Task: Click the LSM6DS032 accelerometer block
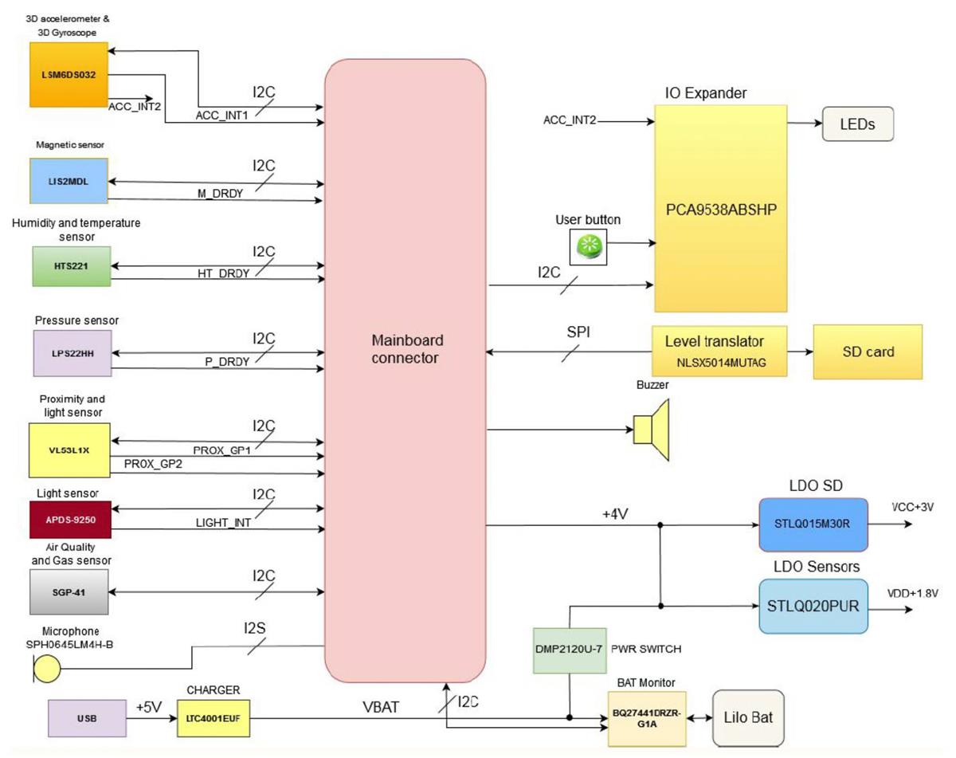(x=68, y=74)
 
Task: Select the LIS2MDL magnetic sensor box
(x=68, y=182)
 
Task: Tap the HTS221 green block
(x=71, y=265)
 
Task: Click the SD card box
(x=867, y=352)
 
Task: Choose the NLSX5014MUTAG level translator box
(x=719, y=352)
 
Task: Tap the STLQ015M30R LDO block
(x=813, y=524)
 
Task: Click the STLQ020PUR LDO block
(x=813, y=606)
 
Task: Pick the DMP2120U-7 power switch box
(x=570, y=650)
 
